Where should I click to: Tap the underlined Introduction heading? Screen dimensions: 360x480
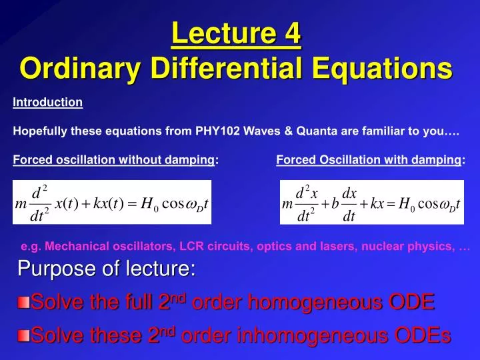pos(47,103)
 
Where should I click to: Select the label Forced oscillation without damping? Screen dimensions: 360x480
pos(114,159)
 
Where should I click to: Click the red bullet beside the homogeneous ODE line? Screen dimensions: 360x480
pos(23,304)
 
